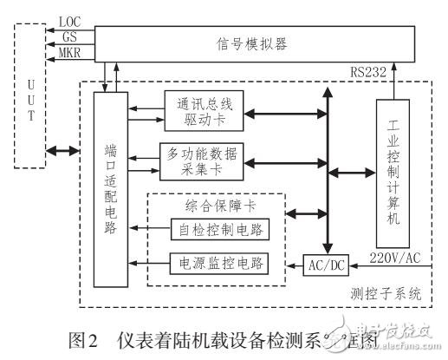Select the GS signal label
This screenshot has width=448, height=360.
tap(69, 37)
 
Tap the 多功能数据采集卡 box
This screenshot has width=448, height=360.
tap(203, 159)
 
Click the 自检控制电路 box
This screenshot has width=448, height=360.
tap(222, 229)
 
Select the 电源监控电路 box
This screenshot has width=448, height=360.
tap(222, 262)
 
